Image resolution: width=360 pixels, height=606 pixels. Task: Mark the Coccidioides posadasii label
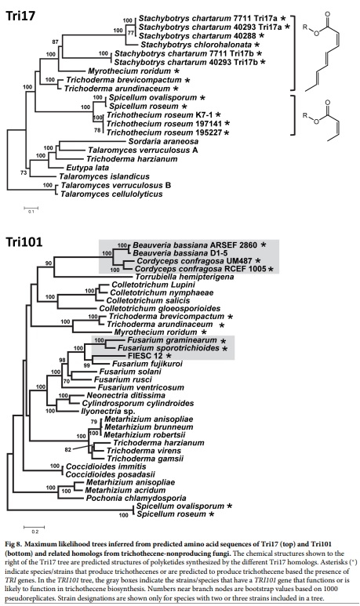click(x=100, y=475)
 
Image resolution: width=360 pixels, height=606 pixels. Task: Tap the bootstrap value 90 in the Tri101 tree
click(x=49, y=263)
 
